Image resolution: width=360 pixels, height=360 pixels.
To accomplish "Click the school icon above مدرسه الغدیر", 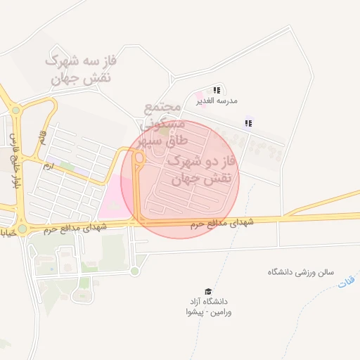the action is pyautogui.click(x=217, y=90).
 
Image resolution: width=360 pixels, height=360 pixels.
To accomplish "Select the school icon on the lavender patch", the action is pyautogui.click(x=247, y=124).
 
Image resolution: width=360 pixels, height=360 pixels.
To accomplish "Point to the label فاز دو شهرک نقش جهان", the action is pyautogui.click(x=202, y=170).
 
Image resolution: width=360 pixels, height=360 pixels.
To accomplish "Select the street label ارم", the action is pyautogui.click(x=48, y=167).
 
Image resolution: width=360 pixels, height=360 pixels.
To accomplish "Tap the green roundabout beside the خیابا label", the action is pyautogui.click(x=22, y=229).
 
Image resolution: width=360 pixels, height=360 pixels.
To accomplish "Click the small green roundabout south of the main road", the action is pyautogui.click(x=134, y=271).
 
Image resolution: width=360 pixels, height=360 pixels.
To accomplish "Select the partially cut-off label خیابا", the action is pyautogui.click(x=6, y=231).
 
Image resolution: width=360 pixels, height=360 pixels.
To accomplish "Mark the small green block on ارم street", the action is pyautogui.click(x=65, y=167).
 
